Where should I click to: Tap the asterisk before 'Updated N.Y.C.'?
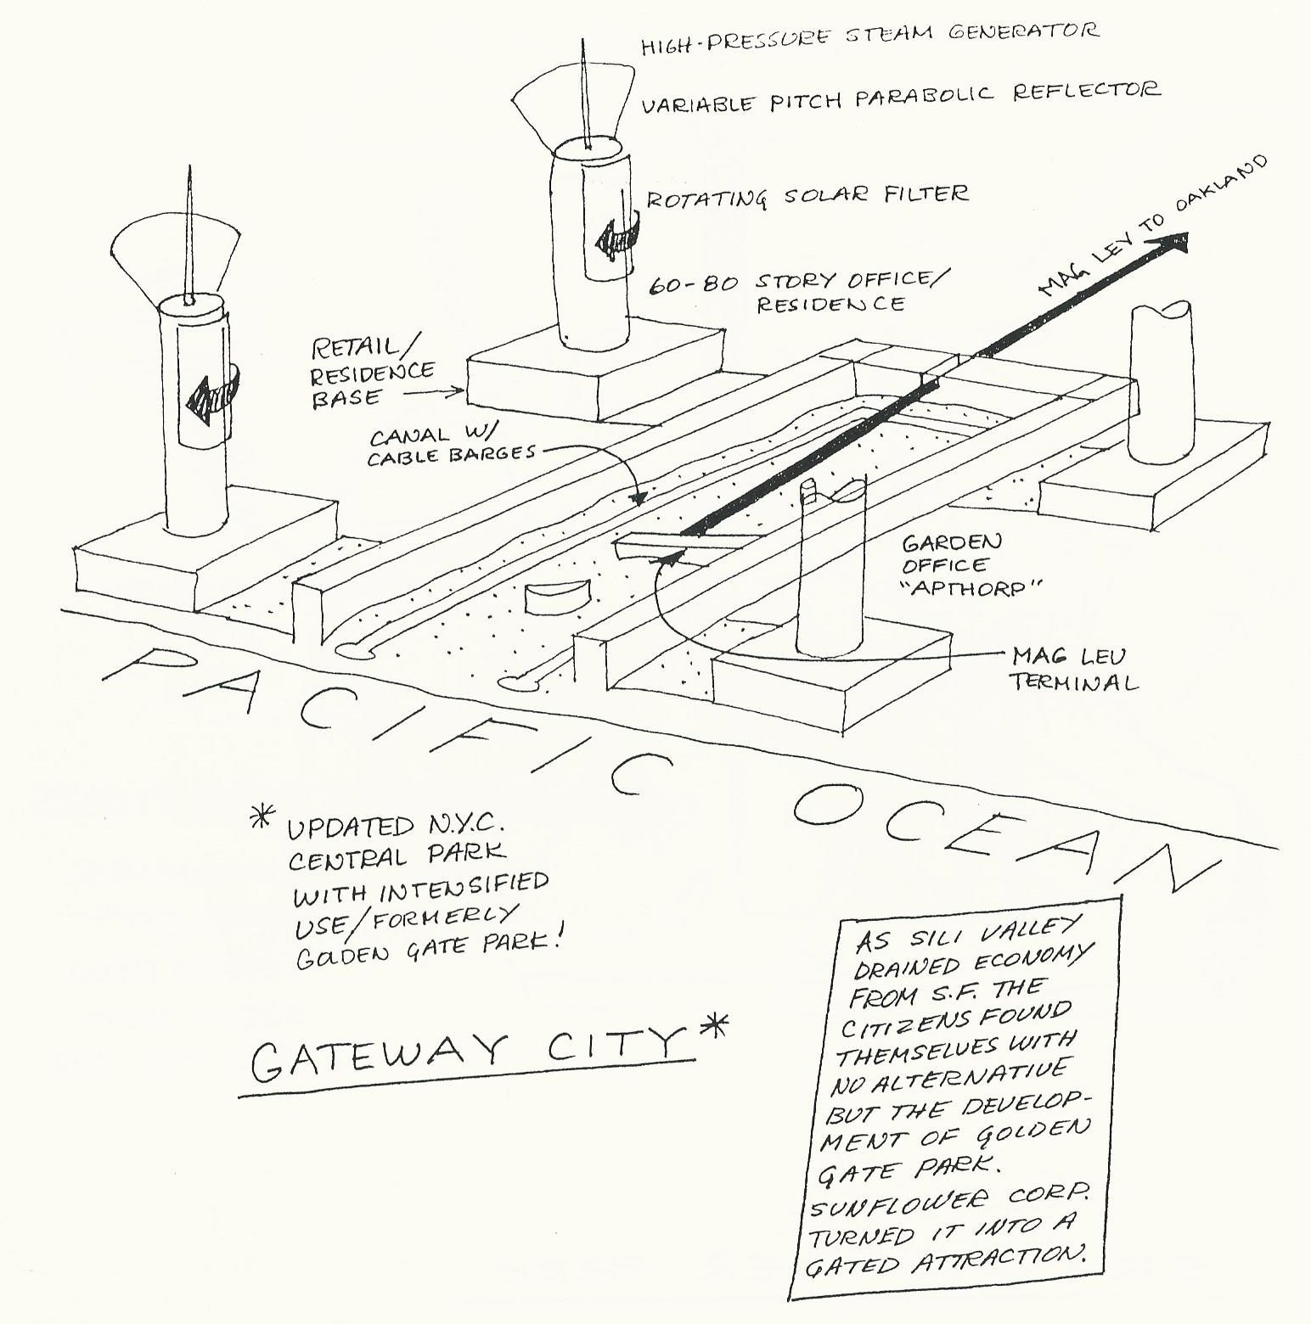tap(263, 820)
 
